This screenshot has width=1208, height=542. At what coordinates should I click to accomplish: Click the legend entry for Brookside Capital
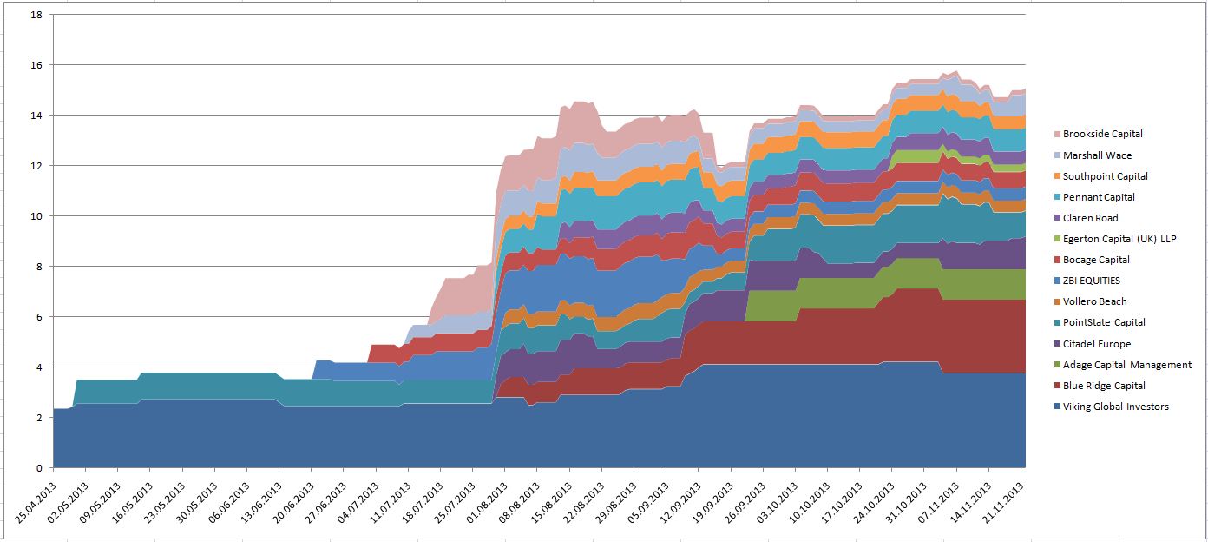[1102, 134]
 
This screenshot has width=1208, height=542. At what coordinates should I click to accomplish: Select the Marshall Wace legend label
[1097, 155]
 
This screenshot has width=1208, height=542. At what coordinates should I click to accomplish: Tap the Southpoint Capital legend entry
[1105, 176]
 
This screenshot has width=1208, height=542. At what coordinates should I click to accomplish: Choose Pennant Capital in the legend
[1099, 197]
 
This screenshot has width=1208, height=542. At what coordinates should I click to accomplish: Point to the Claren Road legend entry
[1090, 218]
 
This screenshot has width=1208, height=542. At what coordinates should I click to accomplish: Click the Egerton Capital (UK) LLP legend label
[1119, 239]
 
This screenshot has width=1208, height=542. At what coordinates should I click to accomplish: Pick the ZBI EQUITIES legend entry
[1091, 281]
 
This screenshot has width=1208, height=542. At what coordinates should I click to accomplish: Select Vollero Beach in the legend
[1094, 301]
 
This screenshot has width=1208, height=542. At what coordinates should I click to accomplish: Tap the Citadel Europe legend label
[1097, 344]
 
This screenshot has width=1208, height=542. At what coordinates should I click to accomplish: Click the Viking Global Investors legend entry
[1115, 406]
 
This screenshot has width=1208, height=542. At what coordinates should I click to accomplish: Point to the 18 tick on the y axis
[36, 15]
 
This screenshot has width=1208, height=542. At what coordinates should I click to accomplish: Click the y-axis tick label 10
[36, 215]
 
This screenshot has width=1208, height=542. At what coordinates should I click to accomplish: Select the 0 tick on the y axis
[38, 468]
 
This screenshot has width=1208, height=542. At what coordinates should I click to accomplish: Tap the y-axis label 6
[38, 317]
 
